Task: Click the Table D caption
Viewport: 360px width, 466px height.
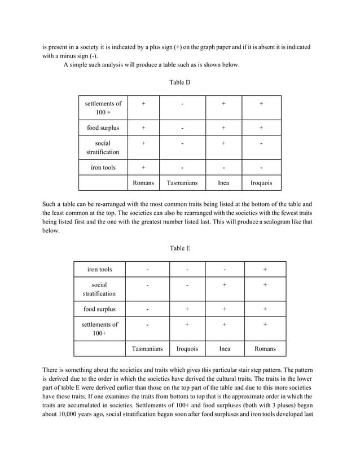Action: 180,82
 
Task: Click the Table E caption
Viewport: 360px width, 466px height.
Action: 180,248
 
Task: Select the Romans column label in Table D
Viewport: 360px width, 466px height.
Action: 143,183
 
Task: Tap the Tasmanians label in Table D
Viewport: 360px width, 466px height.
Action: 182,183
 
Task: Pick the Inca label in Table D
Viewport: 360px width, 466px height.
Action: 223,183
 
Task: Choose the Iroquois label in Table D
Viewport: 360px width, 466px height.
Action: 261,183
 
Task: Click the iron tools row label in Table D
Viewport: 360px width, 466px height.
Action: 103,168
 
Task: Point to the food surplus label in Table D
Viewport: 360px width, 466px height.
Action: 103,128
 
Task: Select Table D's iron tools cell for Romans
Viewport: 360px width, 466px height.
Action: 143,168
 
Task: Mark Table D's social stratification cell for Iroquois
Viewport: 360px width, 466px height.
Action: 261,144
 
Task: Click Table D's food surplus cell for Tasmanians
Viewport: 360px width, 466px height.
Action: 182,128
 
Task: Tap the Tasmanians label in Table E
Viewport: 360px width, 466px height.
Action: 147,349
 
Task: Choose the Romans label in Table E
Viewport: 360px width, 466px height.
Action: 265,349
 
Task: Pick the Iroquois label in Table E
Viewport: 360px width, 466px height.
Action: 187,349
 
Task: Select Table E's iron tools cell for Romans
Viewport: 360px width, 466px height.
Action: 265,269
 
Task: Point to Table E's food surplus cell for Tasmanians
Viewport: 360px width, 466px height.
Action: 147,309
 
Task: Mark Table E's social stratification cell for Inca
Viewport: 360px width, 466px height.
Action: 225,285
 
